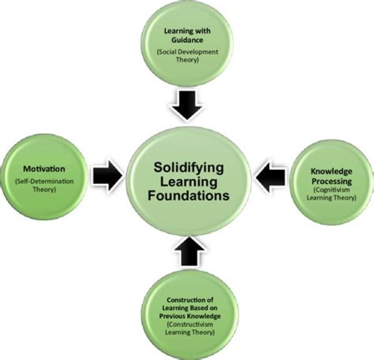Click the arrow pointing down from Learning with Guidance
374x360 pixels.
[187, 103]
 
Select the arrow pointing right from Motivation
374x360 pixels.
[107, 176]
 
